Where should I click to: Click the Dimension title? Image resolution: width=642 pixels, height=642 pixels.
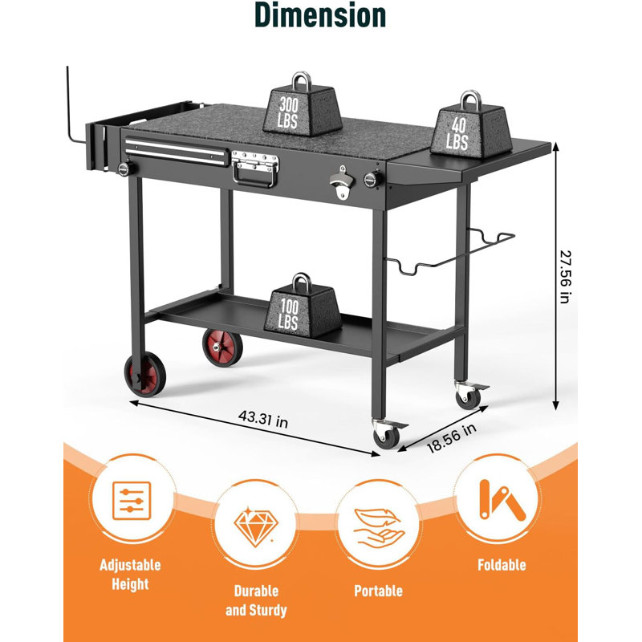point(320,15)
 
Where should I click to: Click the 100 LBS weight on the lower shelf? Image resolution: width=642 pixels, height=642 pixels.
point(303,307)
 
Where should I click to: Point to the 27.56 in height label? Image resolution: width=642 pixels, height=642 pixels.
point(565,277)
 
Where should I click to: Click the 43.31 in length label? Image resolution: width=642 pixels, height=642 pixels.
point(263,418)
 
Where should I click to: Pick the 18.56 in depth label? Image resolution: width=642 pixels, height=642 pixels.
point(451,438)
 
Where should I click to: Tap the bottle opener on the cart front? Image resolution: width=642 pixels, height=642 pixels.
point(341,183)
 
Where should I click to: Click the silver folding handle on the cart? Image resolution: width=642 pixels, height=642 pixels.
point(254,169)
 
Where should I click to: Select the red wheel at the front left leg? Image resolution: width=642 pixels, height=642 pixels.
point(145,375)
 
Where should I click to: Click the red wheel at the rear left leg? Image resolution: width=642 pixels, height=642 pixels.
point(222,347)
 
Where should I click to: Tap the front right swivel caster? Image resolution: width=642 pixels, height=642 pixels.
point(388,433)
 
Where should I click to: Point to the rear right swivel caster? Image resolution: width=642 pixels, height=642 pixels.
point(469,394)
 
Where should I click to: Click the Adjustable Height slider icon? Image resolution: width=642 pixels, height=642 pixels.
point(132,501)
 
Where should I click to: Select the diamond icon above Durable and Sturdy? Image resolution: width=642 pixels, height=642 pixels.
point(256,527)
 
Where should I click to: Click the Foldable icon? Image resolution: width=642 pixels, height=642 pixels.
point(502,500)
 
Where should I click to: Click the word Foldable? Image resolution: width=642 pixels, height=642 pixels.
point(502,565)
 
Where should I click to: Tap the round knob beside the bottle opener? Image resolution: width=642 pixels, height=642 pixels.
point(372,179)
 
